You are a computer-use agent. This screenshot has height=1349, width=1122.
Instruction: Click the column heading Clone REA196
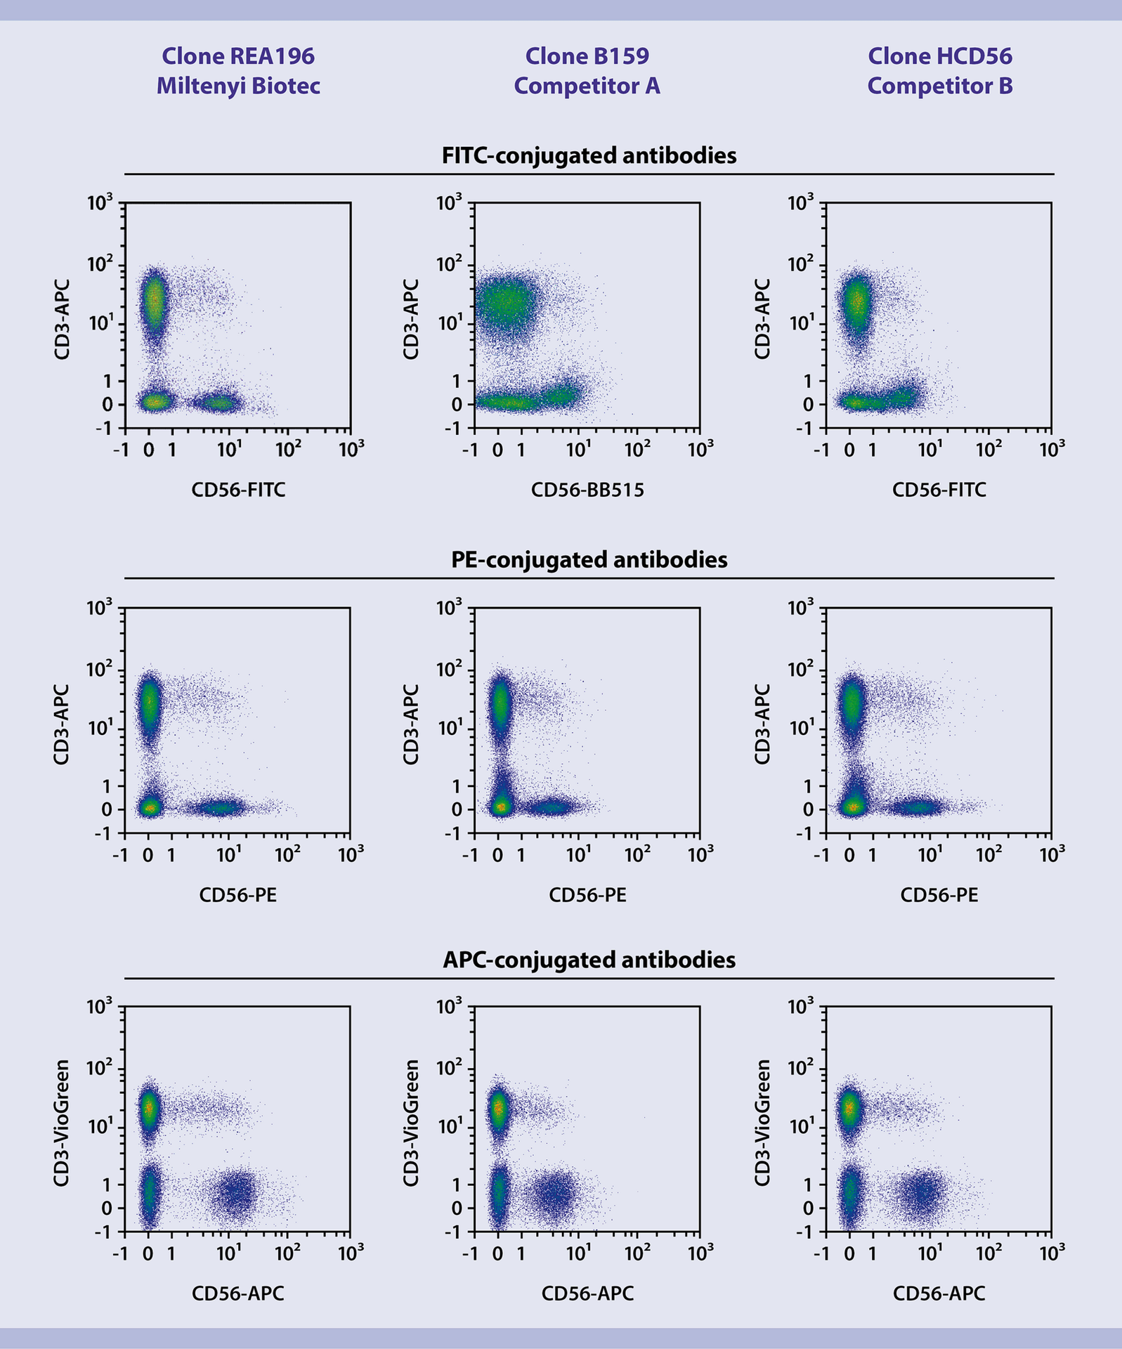coord(238,56)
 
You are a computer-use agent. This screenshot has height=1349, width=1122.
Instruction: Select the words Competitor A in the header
coord(587,86)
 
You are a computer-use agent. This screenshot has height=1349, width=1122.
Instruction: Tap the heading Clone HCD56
coord(939,56)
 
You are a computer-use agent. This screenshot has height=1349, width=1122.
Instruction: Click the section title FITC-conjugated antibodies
coord(589,155)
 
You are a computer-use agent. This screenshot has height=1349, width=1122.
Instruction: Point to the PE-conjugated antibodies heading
coord(589,560)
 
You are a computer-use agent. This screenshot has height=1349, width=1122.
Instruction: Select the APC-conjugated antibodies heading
coord(589,960)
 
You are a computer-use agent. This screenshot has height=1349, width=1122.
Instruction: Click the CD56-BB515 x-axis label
coord(587,490)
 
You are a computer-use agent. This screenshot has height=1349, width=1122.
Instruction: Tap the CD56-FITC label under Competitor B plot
coord(939,490)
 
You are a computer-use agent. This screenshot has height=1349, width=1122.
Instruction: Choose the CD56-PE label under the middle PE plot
coord(587,895)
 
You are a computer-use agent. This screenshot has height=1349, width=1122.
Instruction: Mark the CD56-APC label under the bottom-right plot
coord(939,1293)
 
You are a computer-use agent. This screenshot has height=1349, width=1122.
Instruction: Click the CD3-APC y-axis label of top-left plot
coord(62,320)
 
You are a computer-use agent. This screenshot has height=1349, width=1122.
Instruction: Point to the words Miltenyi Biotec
coord(238,86)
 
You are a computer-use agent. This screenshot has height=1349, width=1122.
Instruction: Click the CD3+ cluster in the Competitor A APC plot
coord(498,1108)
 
